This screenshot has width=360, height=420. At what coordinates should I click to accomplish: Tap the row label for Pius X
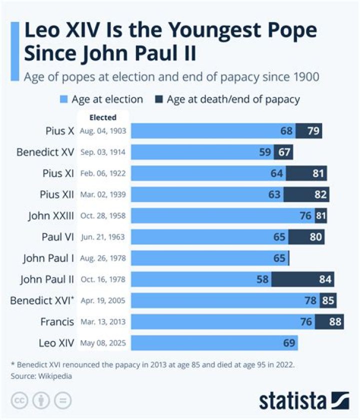59,131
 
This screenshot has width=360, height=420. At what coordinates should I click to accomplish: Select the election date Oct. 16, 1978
103,279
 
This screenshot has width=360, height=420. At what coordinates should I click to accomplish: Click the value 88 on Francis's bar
335,322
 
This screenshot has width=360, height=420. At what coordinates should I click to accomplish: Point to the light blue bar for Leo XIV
215,343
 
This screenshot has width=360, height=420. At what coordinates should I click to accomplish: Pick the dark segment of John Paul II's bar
302,279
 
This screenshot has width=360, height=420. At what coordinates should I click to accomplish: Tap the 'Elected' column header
102,118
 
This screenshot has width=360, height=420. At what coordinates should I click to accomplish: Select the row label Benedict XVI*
42,301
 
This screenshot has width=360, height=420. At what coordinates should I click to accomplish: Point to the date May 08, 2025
103,343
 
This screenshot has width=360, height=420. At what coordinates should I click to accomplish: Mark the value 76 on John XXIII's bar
304,216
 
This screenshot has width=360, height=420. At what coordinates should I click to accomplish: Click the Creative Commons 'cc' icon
18,400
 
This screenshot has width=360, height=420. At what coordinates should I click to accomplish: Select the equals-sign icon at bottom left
63,400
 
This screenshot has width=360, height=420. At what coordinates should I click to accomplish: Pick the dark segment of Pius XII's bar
306,194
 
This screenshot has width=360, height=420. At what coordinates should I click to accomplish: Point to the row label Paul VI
58,237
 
